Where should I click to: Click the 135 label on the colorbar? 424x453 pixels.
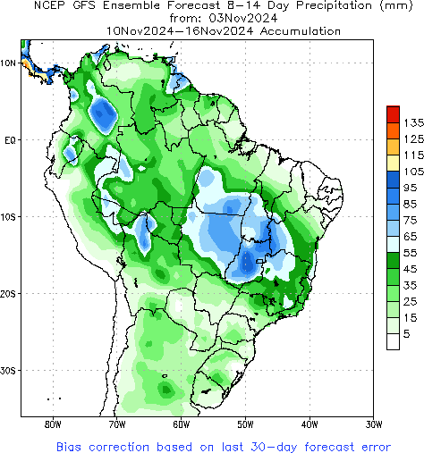point(412,122)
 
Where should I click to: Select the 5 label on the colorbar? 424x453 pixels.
point(407,333)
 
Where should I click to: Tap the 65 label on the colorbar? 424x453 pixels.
point(410,236)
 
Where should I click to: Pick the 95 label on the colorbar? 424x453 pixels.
point(410,188)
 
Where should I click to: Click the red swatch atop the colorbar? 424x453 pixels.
point(392,113)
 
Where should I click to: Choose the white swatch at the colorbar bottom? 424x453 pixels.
point(392,340)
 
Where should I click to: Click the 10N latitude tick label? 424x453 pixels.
point(8,63)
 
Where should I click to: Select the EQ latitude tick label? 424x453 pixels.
point(10,140)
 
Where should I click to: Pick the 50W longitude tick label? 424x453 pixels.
point(246,424)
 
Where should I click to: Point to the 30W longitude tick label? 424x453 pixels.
point(375,424)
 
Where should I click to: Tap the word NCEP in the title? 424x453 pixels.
point(51,5)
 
